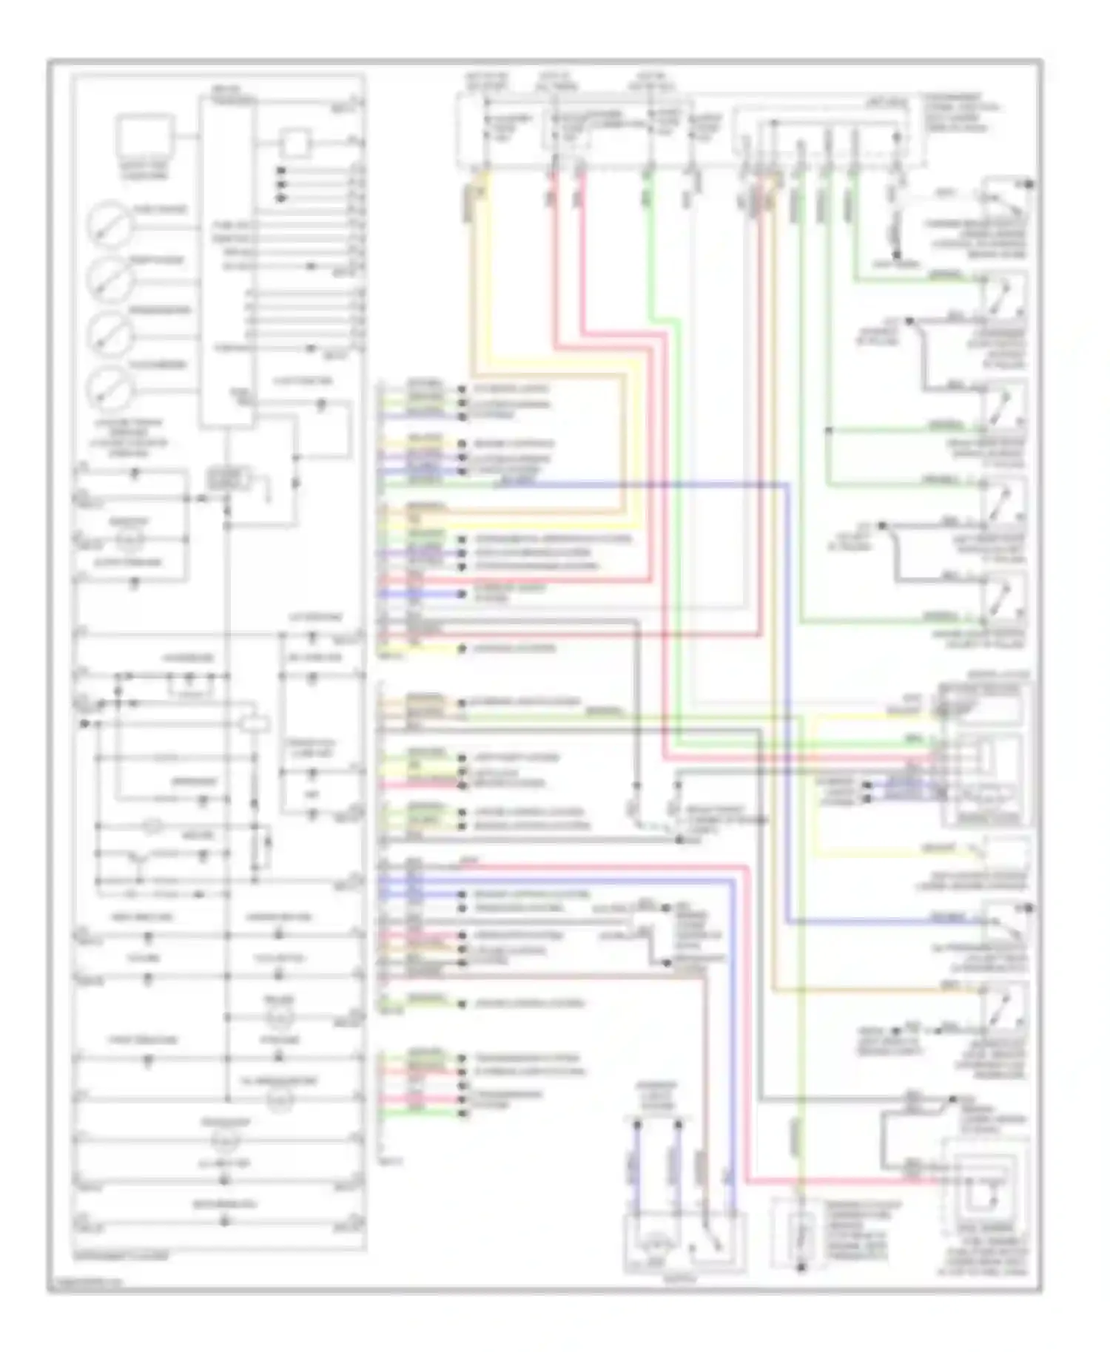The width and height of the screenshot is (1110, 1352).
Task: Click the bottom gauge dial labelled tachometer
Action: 110,387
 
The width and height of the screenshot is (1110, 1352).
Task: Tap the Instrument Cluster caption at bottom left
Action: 121,1256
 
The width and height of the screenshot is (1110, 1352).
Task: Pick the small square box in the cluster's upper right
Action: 295,143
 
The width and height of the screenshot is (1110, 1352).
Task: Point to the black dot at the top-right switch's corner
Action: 1029,183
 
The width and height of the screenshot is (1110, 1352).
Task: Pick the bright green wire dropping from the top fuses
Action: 650,244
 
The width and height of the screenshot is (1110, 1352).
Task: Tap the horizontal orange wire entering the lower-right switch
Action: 873,989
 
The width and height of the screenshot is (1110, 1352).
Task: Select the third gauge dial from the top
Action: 110,332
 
